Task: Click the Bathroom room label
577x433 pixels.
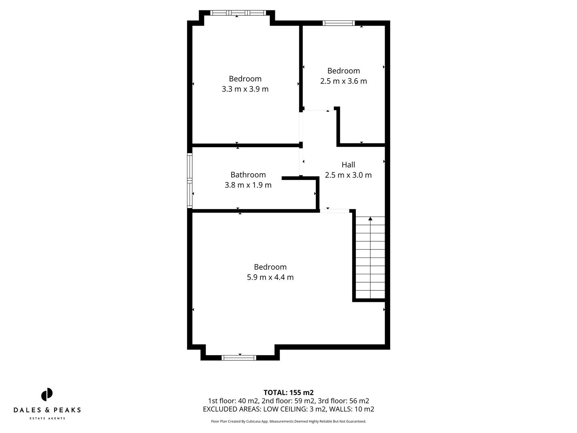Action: click(248, 175)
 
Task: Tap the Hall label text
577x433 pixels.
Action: click(348, 165)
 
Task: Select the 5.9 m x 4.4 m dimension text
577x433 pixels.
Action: click(270, 277)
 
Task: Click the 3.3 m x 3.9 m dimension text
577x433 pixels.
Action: click(245, 89)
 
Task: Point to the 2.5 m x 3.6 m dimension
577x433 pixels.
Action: click(343, 81)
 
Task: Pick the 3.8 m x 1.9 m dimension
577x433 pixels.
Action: click(248, 185)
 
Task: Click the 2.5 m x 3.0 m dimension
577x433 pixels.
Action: click(348, 175)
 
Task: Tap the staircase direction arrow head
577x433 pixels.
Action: click(370, 219)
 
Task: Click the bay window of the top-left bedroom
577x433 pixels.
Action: click(238, 13)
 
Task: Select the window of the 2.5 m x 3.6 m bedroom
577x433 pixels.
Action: click(339, 23)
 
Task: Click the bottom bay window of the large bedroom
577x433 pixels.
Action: click(239, 358)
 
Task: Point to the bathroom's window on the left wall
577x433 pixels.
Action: click(190, 181)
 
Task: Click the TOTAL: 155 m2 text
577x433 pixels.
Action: click(288, 393)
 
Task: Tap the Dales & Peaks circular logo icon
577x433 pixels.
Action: click(47, 395)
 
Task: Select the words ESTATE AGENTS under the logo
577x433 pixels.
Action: click(47, 419)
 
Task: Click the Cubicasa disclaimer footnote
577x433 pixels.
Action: click(288, 421)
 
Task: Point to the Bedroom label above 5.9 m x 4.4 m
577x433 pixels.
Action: click(270, 267)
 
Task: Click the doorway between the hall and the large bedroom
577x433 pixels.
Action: click(335, 210)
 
